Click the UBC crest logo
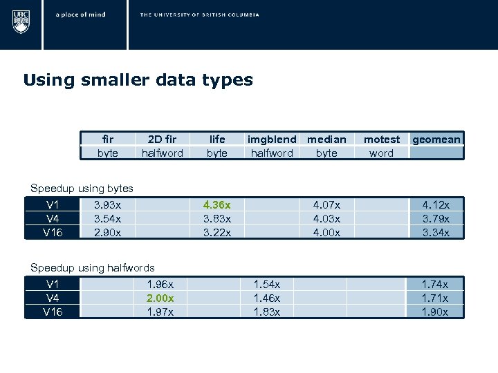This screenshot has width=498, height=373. [21, 20]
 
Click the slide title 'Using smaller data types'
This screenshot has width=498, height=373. [138, 80]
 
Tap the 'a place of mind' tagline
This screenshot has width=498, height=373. [81, 15]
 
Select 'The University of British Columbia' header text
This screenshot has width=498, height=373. [199, 15]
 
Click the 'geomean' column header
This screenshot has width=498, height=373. [436, 140]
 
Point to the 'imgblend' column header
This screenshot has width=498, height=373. [272, 140]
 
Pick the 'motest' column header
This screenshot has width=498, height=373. [381, 140]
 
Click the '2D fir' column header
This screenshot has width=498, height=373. [162, 140]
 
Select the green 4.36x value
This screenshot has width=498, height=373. [217, 204]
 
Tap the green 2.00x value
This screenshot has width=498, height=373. [160, 298]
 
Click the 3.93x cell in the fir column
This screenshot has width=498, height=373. [107, 204]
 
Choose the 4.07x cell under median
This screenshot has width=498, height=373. [326, 204]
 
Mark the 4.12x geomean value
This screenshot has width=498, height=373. [436, 204]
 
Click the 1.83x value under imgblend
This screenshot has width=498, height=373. [267, 312]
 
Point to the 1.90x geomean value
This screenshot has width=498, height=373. [435, 312]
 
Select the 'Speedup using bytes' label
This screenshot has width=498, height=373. [82, 188]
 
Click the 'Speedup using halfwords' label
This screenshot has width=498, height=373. [93, 267]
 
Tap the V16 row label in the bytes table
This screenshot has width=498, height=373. [53, 232]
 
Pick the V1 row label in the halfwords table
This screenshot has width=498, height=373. [53, 284]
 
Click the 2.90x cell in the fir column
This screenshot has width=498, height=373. [107, 232]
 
